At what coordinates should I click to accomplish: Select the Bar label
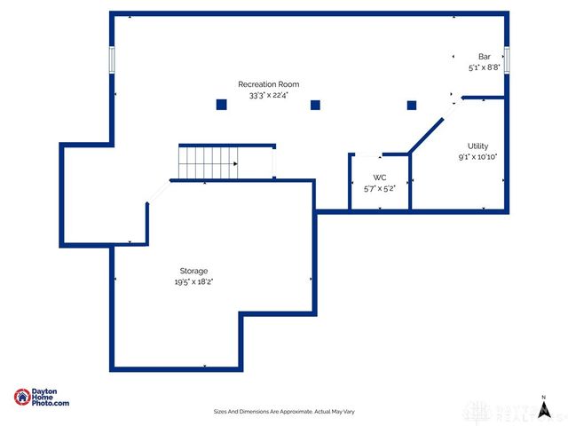point(484,56)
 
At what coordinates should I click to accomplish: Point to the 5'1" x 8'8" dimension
point(484,67)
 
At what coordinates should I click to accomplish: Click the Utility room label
point(477,146)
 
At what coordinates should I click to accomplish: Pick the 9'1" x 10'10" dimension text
point(477,157)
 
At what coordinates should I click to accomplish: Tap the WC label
point(379,177)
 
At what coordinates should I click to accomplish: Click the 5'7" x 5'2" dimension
point(379,188)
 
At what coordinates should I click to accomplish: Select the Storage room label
point(193,271)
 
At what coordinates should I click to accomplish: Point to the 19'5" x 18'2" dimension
point(193,281)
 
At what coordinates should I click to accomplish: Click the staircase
point(209,162)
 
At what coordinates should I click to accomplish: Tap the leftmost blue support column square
point(222,105)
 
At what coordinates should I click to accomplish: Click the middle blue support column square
point(315,105)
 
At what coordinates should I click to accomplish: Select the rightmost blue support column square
point(412,105)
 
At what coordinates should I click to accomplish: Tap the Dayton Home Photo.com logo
point(42,398)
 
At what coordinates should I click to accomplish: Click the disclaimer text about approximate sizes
point(284,411)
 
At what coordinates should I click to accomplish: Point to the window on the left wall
point(113,59)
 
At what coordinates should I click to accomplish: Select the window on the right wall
point(507,59)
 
